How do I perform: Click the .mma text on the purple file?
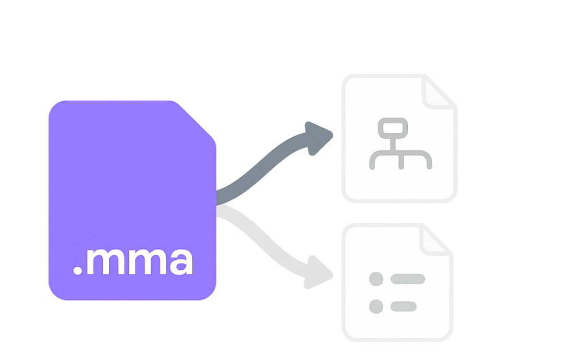[133, 261]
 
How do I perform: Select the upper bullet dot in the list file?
[376, 279]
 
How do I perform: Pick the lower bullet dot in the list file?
[376, 306]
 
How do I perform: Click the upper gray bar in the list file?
[408, 279]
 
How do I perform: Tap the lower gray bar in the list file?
[404, 306]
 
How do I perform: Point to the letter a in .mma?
[179, 262]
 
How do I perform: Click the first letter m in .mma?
[104, 262]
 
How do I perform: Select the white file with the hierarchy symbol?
[399, 138]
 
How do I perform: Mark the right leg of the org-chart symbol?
[429, 162]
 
